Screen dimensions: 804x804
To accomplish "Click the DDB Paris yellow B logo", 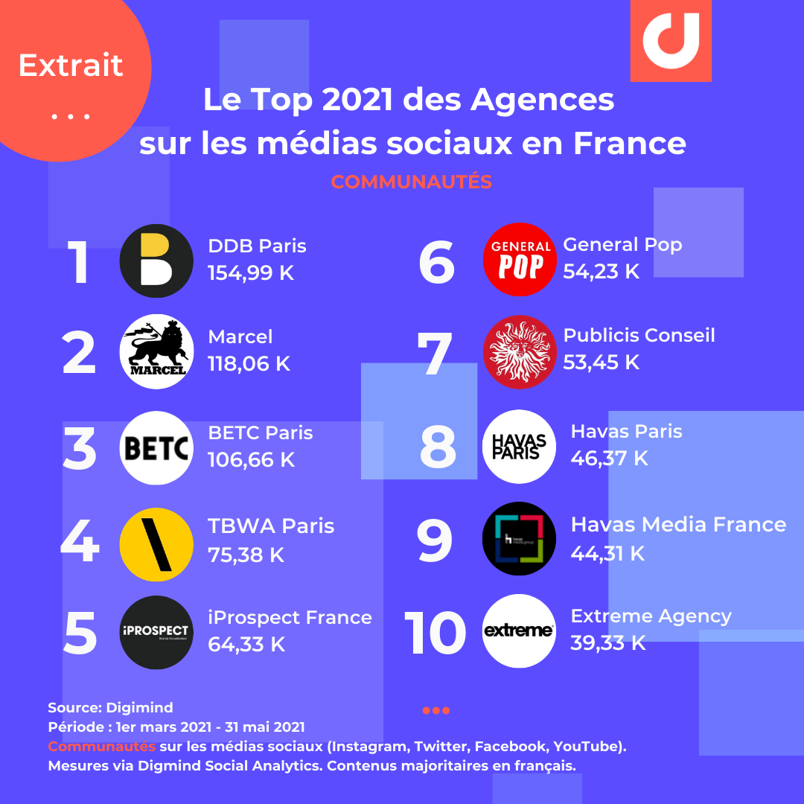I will coord(156,261).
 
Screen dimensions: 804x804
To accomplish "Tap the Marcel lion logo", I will coord(156,351).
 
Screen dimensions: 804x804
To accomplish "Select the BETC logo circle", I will coord(156,448).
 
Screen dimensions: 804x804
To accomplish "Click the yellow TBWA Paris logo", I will coord(156,545).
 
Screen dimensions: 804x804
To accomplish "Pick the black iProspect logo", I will coord(156,633).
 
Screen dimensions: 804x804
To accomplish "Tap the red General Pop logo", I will coord(520,259).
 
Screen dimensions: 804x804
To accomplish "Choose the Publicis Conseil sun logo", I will coord(520,351).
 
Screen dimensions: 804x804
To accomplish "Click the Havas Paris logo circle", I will coord(519,447).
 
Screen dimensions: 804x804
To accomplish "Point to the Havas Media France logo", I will coord(519,539).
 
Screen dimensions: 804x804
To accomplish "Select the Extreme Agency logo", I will coord(519,631).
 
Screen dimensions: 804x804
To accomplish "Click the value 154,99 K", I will coord(251,273).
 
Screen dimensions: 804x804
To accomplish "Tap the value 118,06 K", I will coord(249,364).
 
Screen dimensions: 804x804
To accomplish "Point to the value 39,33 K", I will coord(608,643).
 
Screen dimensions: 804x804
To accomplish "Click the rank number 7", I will coord(434,353).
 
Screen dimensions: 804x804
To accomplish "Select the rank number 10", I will coord(435,633).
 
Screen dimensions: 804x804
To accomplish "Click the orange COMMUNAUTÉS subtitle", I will coord(411,182).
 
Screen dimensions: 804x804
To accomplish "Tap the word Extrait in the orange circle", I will coord(71,66).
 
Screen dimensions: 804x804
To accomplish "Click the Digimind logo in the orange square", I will coord(671,40).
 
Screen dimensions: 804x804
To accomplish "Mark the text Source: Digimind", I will coord(110,707).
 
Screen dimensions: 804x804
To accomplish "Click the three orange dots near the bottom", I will coord(436,710).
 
